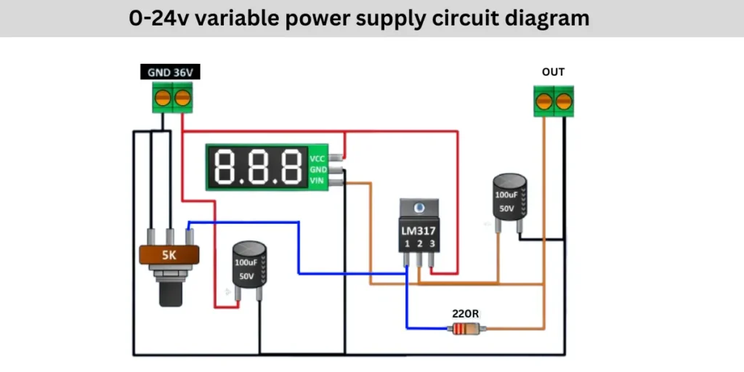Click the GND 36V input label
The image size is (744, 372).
(170, 73)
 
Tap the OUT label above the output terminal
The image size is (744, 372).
(553, 72)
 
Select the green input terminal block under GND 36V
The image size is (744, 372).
(173, 97)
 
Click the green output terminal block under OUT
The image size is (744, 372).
(553, 100)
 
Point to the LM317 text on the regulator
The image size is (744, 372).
(418, 230)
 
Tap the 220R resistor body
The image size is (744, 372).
(466, 329)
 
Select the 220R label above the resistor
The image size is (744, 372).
(466, 314)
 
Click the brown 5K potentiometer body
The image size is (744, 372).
(169, 256)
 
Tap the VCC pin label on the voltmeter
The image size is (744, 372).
(318, 158)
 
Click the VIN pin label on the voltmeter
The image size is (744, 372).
(318, 180)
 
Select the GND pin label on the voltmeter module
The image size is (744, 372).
(318, 169)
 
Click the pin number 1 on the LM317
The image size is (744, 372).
(407, 243)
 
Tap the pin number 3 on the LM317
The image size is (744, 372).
(432, 243)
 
